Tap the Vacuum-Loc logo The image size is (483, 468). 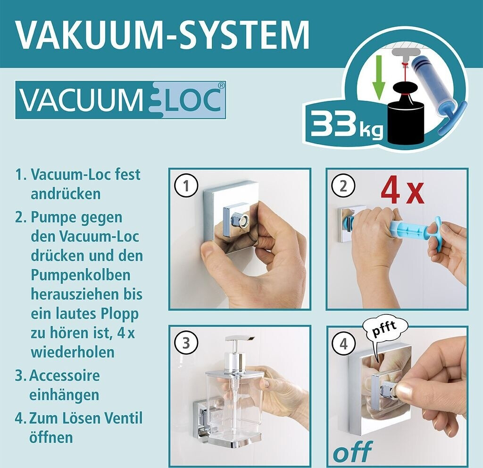pos(121,100)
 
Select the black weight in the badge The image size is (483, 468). pos(406,115)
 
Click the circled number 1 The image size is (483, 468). pos(186,186)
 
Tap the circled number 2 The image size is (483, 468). pos(343,186)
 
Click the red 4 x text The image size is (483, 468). pos(402,193)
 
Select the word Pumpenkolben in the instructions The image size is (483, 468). pos(80,275)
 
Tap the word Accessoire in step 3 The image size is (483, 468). pos(64,375)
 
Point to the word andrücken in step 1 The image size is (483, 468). pos(66,194)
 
